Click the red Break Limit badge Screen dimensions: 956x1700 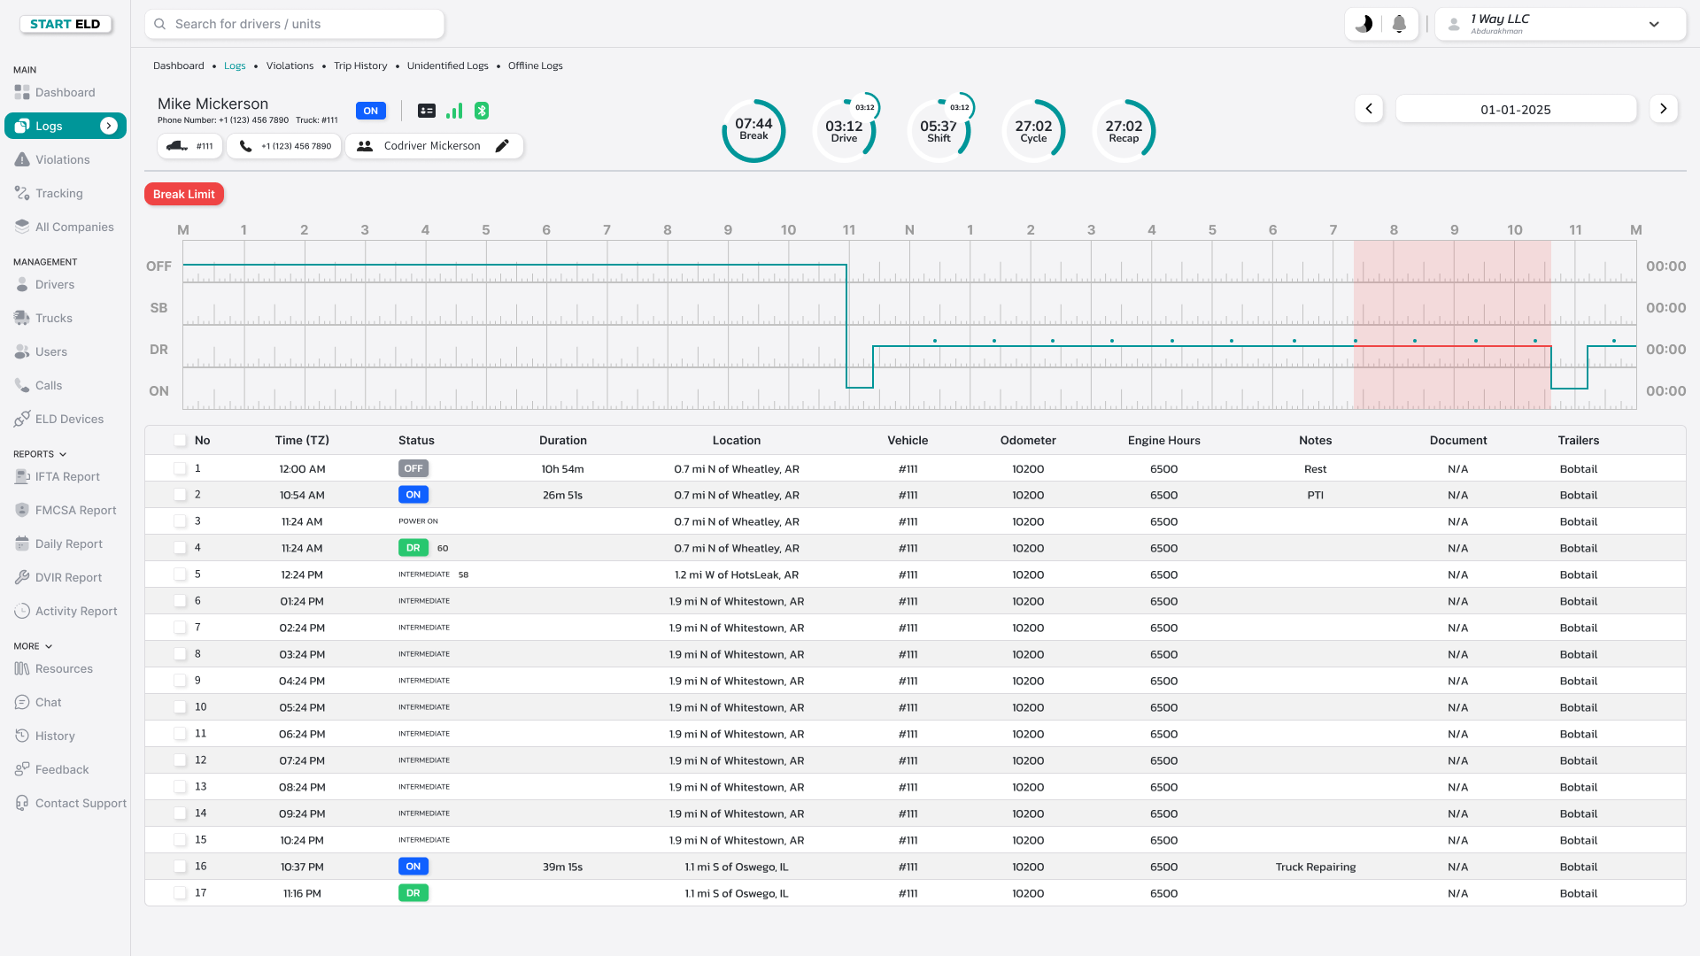(184, 194)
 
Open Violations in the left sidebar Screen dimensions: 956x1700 (62, 160)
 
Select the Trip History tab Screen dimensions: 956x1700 (360, 66)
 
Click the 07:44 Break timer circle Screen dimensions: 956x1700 (753, 130)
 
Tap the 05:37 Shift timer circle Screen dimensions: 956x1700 (939, 131)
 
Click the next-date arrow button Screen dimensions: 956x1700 (1664, 109)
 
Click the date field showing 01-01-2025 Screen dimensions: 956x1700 (1515, 110)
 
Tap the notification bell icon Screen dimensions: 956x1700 (1399, 25)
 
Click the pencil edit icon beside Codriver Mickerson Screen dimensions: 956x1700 (502, 146)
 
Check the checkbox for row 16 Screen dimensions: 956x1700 (181, 867)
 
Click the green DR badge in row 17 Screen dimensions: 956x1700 (413, 893)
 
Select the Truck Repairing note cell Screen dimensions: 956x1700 (1315, 867)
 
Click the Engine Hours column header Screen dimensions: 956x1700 (1163, 440)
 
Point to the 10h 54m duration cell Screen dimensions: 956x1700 (562, 469)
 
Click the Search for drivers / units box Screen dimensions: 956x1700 (295, 25)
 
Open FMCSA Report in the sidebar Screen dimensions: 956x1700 (75, 511)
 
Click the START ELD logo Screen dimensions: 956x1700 (66, 24)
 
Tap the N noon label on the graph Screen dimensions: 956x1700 (909, 230)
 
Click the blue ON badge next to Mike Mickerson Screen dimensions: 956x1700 (371, 111)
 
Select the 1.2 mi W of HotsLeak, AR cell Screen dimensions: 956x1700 (736, 574)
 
